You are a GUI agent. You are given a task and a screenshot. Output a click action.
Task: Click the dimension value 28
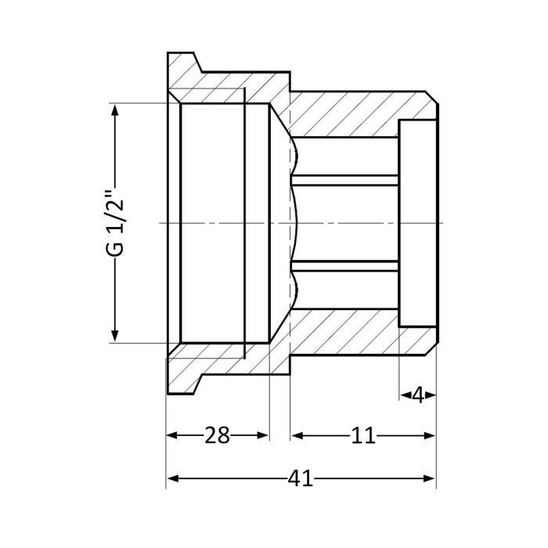tap(217, 435)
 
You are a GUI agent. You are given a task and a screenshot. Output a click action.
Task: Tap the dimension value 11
tap(362, 435)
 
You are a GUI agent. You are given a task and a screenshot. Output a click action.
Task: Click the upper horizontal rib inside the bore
tap(344, 181)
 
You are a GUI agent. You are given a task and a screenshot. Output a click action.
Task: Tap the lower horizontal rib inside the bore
tap(344, 265)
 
